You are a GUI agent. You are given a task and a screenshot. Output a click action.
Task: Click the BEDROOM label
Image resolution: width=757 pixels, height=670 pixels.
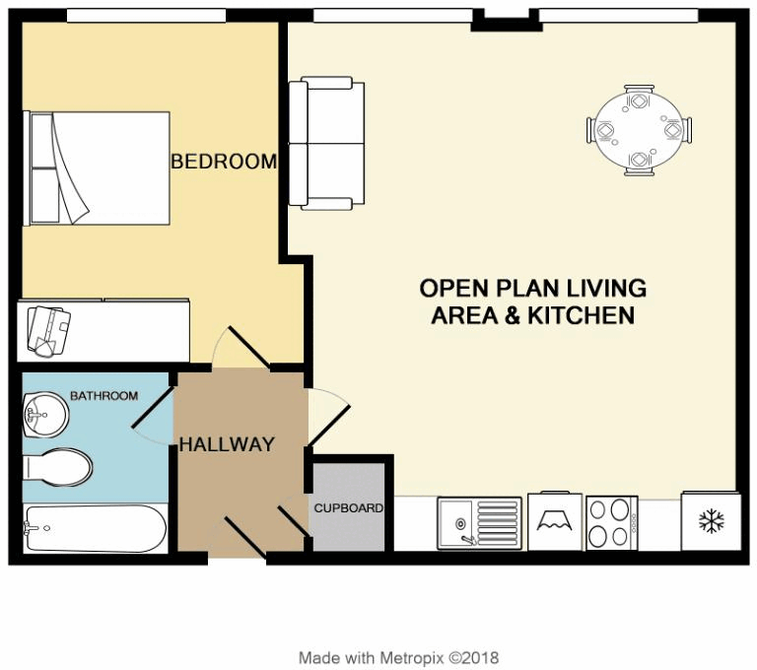[224, 162]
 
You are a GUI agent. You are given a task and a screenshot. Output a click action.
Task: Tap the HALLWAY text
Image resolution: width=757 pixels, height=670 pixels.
[226, 445]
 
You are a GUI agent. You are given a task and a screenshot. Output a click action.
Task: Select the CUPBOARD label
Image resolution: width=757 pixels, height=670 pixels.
[348, 508]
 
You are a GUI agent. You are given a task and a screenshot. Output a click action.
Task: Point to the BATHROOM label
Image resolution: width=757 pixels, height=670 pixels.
[103, 396]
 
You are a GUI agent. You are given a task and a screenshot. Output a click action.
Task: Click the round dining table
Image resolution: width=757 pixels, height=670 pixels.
[639, 130]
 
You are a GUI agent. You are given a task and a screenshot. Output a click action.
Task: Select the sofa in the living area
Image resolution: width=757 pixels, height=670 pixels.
[326, 145]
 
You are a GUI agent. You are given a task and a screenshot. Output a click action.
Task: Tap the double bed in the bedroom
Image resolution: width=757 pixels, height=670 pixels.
[99, 167]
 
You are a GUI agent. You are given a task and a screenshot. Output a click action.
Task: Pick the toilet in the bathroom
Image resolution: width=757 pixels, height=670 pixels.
[59, 467]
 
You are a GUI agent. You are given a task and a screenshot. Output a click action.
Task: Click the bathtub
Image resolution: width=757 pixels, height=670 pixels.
[95, 529]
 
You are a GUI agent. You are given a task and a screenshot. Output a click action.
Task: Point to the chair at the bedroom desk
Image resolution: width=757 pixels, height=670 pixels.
[47, 328]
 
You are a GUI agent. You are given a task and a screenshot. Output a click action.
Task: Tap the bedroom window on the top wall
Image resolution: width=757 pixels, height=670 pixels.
[145, 16]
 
